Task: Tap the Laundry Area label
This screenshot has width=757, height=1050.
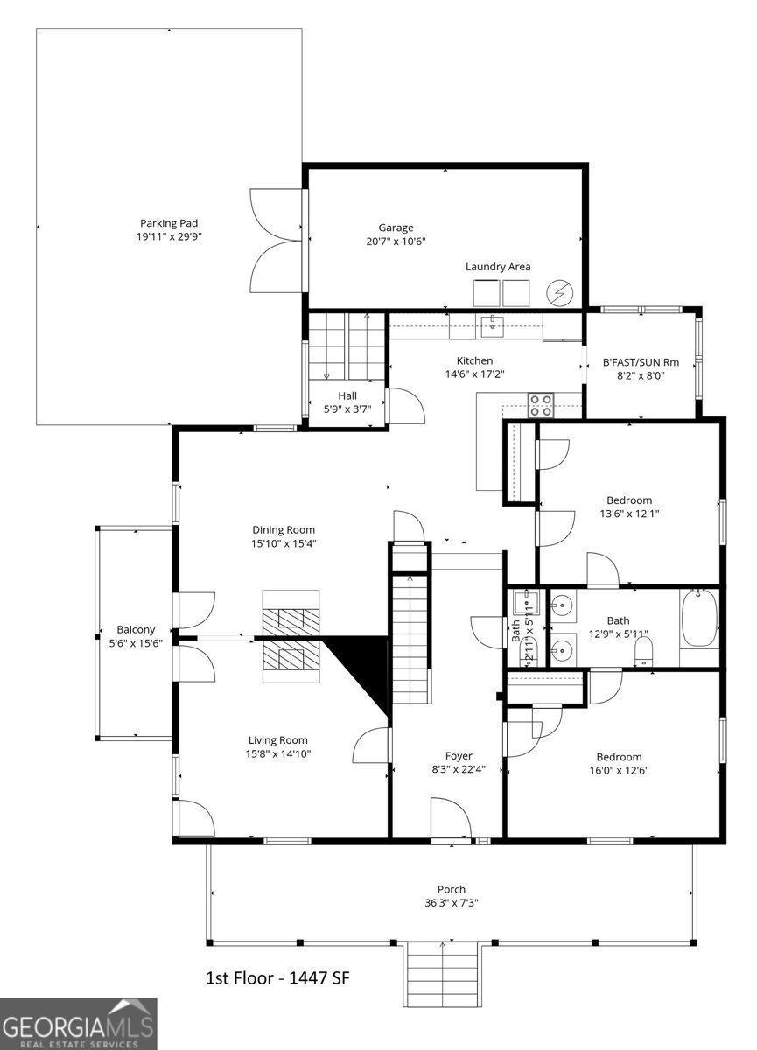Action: tap(497, 267)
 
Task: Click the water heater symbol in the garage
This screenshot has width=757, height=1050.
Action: tap(557, 291)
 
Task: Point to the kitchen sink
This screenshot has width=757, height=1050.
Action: tap(493, 325)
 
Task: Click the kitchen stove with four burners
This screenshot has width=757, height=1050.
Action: tap(540, 404)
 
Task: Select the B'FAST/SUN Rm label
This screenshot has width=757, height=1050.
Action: tap(641, 361)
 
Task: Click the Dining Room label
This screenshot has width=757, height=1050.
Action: tap(284, 529)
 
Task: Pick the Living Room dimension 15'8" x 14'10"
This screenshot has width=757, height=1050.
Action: tap(278, 753)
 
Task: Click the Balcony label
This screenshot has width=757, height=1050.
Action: tap(136, 629)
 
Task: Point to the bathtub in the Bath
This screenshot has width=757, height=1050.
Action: tap(698, 619)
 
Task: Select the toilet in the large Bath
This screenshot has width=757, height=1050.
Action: tap(643, 649)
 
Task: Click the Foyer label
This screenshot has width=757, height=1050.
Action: tap(459, 756)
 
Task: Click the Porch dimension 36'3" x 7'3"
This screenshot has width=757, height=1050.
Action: tap(452, 903)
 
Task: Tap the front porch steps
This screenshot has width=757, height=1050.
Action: tap(443, 973)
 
